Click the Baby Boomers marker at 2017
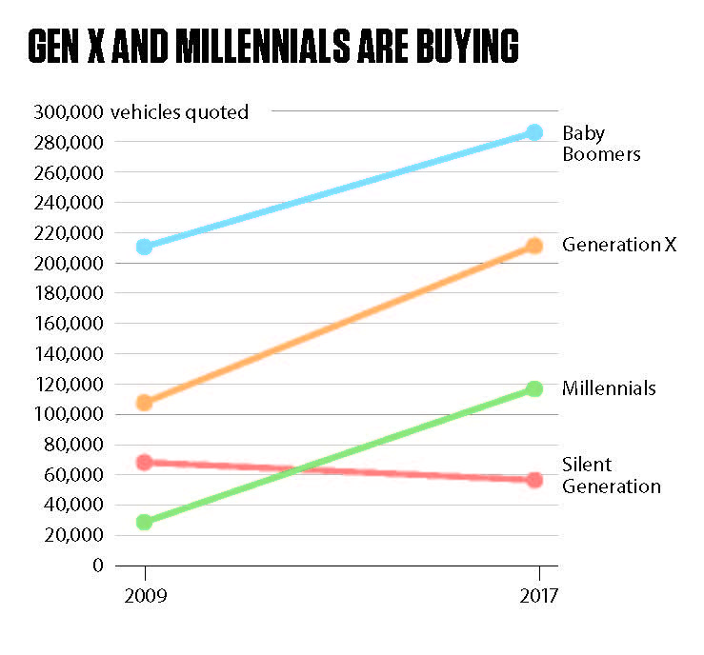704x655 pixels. pyautogui.click(x=534, y=132)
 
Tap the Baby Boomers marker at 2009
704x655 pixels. pyautogui.click(x=145, y=247)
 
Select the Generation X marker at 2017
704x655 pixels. pyautogui.click(x=534, y=246)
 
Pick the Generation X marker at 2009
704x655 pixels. pyautogui.click(x=145, y=403)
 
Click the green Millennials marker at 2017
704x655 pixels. pyautogui.click(x=534, y=388)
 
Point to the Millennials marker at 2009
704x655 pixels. pyautogui.click(x=145, y=522)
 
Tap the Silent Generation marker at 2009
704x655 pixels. pyautogui.click(x=145, y=463)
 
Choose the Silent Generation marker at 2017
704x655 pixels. pyautogui.click(x=534, y=480)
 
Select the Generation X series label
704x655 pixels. pyautogui.click(x=618, y=245)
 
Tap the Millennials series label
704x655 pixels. pyautogui.click(x=609, y=388)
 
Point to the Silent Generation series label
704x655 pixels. pyautogui.click(x=611, y=475)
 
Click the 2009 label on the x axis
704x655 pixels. pyautogui.click(x=145, y=597)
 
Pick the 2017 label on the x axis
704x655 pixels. pyautogui.click(x=539, y=597)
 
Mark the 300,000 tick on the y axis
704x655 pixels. pyautogui.click(x=68, y=112)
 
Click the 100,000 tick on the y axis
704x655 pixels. pyautogui.click(x=68, y=414)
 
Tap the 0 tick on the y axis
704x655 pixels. pyautogui.click(x=96, y=565)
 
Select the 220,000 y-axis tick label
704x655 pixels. pyautogui.click(x=68, y=233)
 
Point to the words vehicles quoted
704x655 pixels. pyautogui.click(x=179, y=112)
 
